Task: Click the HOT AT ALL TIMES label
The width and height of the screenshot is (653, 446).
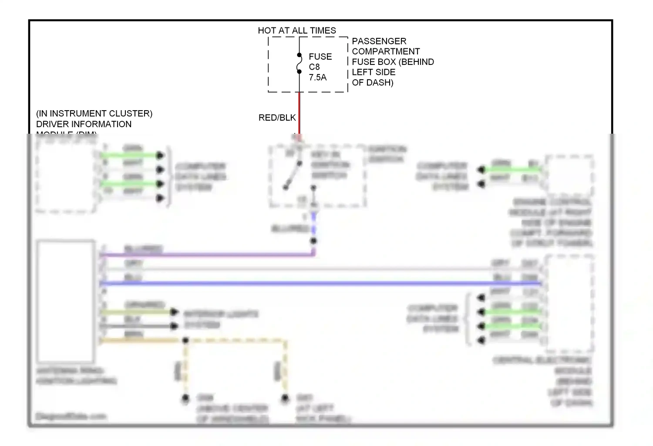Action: tap(297, 30)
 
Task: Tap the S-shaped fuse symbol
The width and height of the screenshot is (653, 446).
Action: tap(299, 64)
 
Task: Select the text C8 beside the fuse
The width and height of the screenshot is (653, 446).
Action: tap(314, 67)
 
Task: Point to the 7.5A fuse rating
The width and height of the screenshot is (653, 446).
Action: tap(318, 78)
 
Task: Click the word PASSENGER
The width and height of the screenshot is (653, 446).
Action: tap(379, 41)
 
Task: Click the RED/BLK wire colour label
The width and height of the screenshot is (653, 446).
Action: tap(277, 118)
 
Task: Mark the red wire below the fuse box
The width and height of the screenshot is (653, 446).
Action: tap(299, 113)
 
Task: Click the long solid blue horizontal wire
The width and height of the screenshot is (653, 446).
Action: tap(322, 284)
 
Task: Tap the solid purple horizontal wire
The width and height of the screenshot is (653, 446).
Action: tap(209, 255)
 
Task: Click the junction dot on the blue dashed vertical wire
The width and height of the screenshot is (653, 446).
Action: tap(313, 241)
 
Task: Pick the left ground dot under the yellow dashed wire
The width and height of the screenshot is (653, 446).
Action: tap(185, 398)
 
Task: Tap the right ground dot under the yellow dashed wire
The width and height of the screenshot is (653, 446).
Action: tap(285, 398)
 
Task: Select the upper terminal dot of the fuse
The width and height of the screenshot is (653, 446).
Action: tap(299, 55)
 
